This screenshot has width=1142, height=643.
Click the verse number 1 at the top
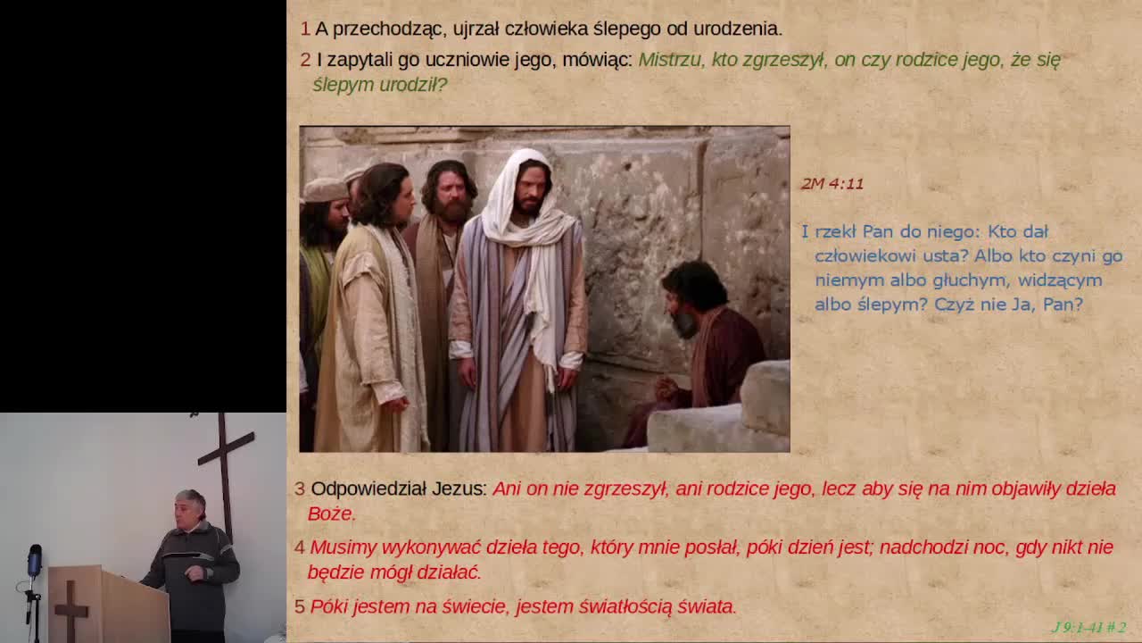305,29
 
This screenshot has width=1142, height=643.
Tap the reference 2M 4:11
832,184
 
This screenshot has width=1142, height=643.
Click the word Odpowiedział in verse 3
368,489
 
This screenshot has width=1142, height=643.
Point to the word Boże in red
330,514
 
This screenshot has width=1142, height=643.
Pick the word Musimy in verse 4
344,547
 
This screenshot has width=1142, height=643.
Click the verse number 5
300,606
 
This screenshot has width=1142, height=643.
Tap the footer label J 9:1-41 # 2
1089,627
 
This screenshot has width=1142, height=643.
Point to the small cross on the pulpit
70,610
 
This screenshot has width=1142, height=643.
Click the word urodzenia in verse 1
737,29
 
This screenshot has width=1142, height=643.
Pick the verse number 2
305,60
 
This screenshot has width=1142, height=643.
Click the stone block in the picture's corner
765,398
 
